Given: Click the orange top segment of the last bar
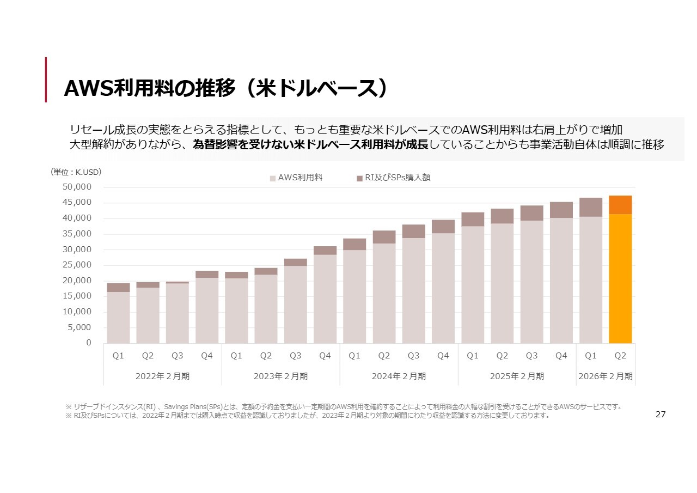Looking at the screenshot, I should click(620, 205).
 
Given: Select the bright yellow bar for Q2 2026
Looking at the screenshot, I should click(620, 278).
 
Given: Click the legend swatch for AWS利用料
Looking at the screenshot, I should click(273, 178).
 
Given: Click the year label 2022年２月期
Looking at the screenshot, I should click(162, 376).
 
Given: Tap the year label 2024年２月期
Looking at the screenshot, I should click(399, 376).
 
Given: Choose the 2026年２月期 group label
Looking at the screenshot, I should click(606, 376).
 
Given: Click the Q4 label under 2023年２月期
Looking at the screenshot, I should click(325, 356).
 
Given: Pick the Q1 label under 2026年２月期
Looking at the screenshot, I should click(591, 356).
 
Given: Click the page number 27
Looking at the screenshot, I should click(661, 415).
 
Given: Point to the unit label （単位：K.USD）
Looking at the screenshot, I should click(76, 172).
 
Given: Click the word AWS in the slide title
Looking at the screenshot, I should click(88, 88).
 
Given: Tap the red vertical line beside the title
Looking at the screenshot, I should click(46, 80).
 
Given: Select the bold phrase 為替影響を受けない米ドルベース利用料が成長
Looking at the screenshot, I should click(311, 145).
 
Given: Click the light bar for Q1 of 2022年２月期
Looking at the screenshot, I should click(118, 318).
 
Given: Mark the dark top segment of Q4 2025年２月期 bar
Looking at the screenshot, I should click(561, 210).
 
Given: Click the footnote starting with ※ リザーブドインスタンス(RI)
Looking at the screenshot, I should click(343, 406).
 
